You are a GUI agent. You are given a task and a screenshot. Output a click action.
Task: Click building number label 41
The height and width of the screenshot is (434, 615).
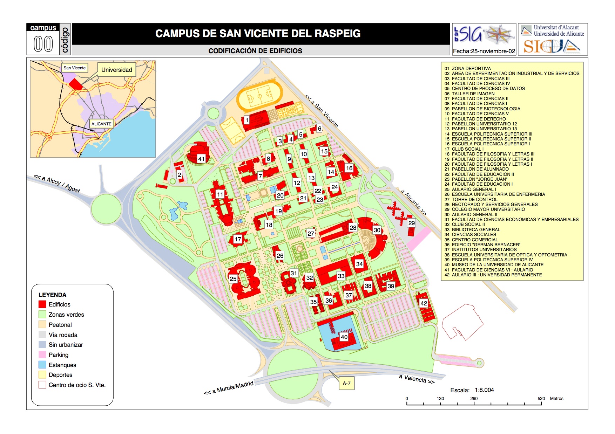click(201, 159)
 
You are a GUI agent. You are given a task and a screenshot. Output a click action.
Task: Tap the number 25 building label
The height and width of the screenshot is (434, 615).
click(233, 279)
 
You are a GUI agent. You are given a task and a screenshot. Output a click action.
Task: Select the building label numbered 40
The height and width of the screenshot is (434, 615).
click(344, 337)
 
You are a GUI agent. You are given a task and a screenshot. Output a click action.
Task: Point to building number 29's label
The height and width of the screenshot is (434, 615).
click(412, 223)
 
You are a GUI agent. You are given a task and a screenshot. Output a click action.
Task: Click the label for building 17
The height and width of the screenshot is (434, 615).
click(238, 239)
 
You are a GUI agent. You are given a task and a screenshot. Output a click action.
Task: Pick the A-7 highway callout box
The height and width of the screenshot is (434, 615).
click(346, 384)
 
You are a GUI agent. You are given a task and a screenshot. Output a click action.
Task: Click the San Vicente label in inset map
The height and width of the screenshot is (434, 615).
click(74, 68)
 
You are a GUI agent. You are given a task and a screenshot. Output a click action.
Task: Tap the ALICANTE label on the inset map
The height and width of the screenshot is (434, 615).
click(101, 124)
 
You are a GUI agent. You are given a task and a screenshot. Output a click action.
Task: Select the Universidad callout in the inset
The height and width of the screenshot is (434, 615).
click(116, 70)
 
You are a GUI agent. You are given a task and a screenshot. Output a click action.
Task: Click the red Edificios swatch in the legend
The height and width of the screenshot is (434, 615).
click(42, 304)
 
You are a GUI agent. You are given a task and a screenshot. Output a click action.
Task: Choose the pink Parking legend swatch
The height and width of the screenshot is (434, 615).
click(42, 355)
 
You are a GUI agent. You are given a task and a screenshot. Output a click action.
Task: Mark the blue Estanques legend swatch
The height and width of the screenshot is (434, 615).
click(42, 365)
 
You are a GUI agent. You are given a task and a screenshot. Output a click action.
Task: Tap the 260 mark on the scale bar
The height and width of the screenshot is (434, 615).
click(474, 399)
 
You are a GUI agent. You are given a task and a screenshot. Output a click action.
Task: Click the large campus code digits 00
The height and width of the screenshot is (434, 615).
click(43, 44)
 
